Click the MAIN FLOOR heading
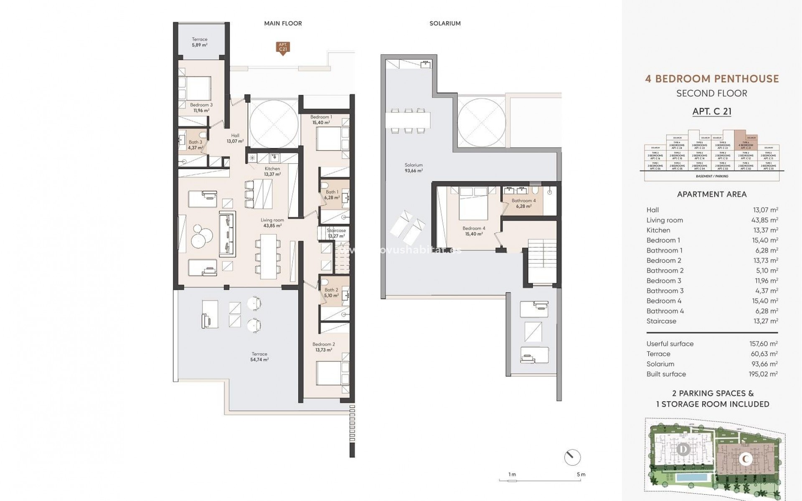(x=283, y=23)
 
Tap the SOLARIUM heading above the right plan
(x=445, y=23)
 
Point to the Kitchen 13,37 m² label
(x=272, y=171)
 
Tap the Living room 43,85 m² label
(x=272, y=223)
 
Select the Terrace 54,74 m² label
(x=259, y=357)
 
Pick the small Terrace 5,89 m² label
(x=200, y=42)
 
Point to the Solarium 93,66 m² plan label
(x=414, y=167)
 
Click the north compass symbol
(x=572, y=458)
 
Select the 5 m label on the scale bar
(x=581, y=474)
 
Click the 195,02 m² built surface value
(x=763, y=374)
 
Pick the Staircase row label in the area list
(x=661, y=321)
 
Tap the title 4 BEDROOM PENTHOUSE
(x=712, y=78)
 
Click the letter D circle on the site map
(x=684, y=450)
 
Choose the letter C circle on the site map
(x=746, y=459)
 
